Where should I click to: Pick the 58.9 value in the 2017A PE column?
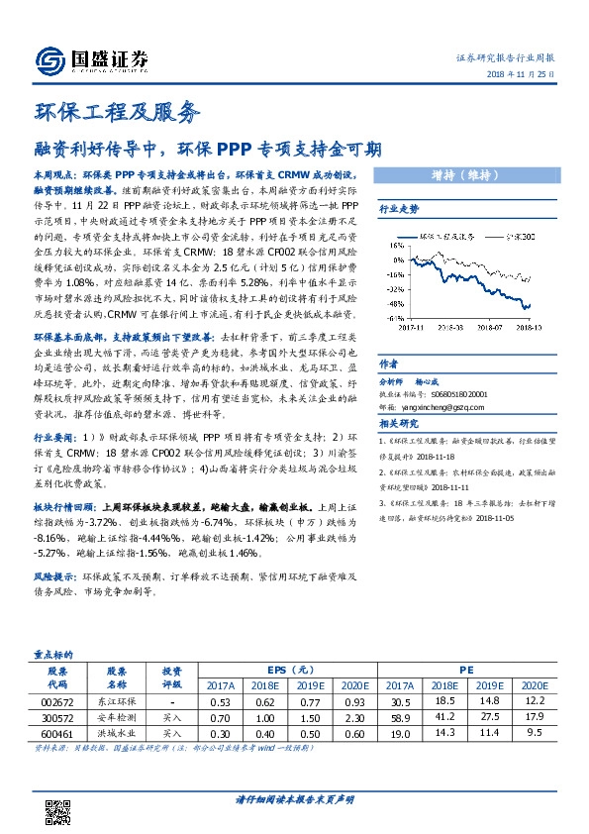pos(400,717)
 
